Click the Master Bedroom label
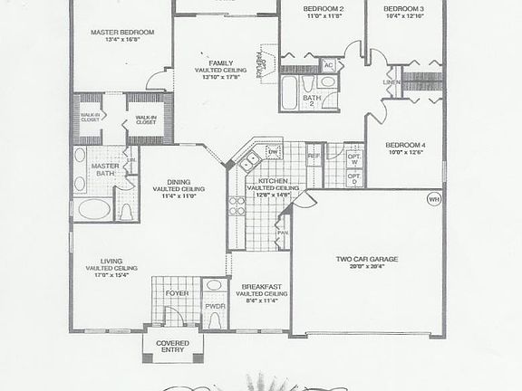(x=122, y=33)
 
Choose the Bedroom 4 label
(x=403, y=146)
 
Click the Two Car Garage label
(x=367, y=260)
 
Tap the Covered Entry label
(x=172, y=347)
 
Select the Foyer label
(x=177, y=294)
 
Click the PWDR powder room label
(x=215, y=307)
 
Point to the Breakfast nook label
(x=262, y=289)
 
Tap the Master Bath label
(x=101, y=169)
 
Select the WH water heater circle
(x=433, y=198)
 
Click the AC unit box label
(x=328, y=65)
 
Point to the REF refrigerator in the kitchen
(x=314, y=157)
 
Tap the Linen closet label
(x=391, y=83)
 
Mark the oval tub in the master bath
(x=93, y=210)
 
